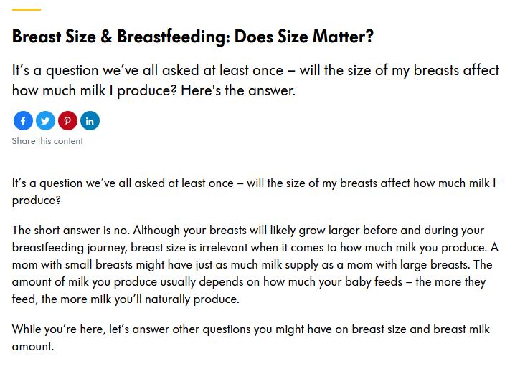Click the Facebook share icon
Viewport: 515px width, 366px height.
coord(23,121)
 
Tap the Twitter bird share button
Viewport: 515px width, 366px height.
coord(45,121)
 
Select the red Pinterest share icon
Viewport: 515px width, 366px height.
coord(67,121)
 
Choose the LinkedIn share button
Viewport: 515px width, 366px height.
coord(90,121)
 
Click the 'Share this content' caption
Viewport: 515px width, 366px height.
coord(47,141)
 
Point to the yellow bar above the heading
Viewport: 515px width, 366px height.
coord(27,10)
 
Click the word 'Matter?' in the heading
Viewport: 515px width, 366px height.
coord(343,36)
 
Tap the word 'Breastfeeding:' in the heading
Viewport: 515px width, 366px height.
coord(173,36)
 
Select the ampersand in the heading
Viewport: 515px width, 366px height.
coord(106,36)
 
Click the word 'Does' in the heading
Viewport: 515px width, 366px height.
coord(253,36)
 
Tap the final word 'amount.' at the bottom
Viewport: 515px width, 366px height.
coord(33,347)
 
